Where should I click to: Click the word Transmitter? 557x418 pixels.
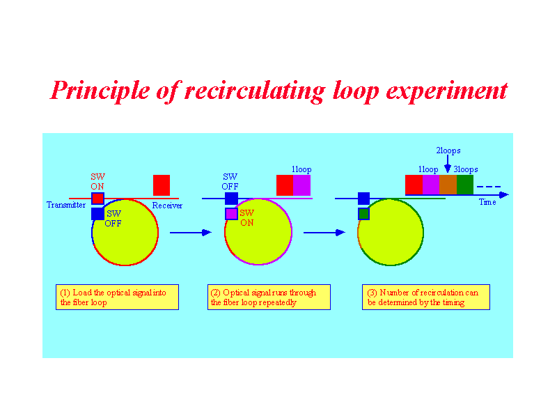click(66, 205)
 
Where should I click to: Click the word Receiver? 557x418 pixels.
click(167, 206)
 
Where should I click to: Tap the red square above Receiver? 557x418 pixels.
click(162, 185)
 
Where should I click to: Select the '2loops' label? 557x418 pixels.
click(448, 150)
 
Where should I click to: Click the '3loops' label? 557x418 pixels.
click(466, 169)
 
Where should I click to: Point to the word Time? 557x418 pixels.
click(487, 202)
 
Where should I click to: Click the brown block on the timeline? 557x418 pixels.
click(448, 185)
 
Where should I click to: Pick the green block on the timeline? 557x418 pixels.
click(465, 185)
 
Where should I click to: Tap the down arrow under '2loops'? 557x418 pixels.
click(448, 164)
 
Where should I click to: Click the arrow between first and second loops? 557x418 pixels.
click(191, 233)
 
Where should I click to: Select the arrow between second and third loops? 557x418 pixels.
click(324, 233)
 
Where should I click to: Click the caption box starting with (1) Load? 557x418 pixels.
click(117, 297)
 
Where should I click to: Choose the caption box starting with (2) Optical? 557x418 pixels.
click(269, 297)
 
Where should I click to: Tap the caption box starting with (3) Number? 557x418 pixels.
click(426, 297)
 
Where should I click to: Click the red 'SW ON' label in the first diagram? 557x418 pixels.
click(97, 181)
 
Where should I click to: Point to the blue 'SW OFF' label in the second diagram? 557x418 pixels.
click(230, 181)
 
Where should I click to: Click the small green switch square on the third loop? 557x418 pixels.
click(363, 214)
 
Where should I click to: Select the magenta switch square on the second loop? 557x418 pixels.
click(231, 214)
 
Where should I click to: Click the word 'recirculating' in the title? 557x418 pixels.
click(255, 91)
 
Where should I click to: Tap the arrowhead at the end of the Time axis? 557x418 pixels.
click(504, 195)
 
